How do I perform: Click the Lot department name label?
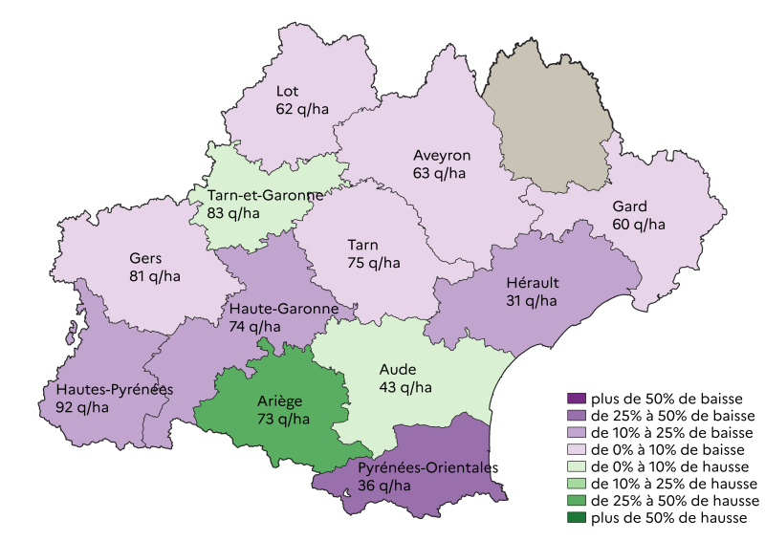tap(287, 92)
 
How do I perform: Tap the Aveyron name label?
tap(442, 156)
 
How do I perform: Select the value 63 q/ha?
tap(440, 174)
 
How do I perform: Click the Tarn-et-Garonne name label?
tap(265, 195)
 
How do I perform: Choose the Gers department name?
tap(146, 258)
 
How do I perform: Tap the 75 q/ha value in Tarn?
tap(374, 263)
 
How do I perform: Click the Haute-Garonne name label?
tap(284, 309)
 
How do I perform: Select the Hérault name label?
tap(533, 283)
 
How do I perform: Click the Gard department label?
tap(629, 206)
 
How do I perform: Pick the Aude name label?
tap(397, 369)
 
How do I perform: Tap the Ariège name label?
tap(283, 400)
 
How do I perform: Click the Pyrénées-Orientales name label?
tap(428, 467)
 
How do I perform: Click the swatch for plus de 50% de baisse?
tap(576, 399)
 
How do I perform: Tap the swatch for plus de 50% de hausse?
tap(576, 518)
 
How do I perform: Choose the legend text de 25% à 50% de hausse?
tap(675, 501)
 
